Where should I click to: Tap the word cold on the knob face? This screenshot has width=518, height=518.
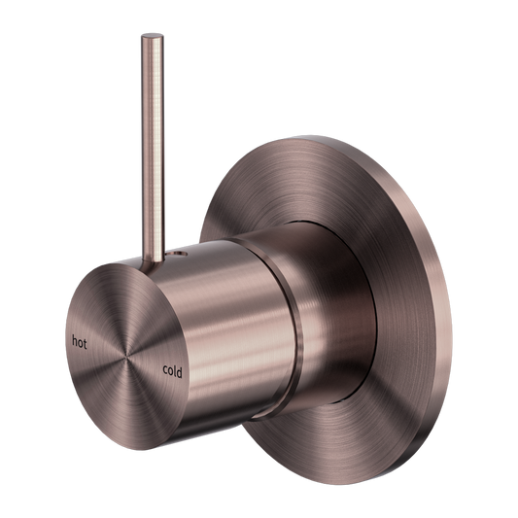coord(170,368)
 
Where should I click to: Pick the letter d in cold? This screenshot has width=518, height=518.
coord(179,368)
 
